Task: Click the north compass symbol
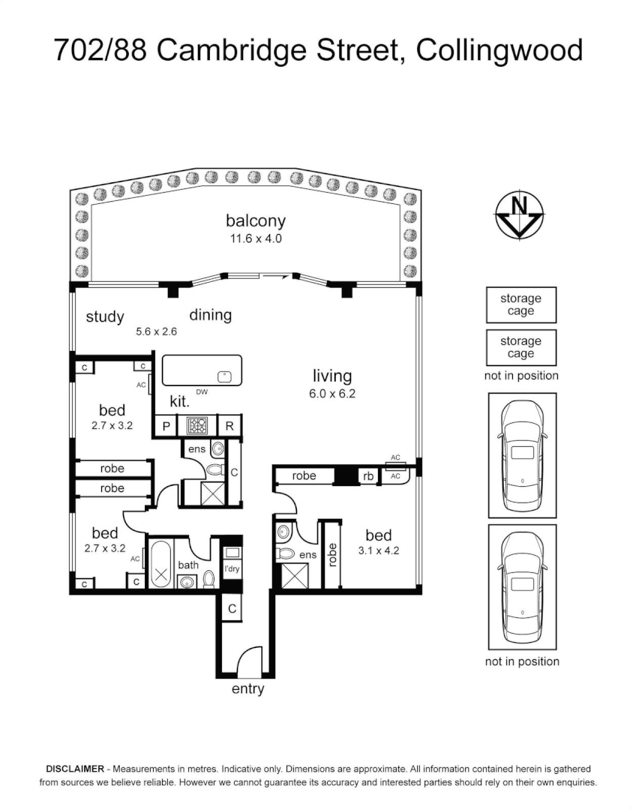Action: coord(519,214)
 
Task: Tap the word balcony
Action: coord(256,220)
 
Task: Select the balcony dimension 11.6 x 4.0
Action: coord(256,238)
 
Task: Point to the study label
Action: coord(104,316)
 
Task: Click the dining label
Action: coord(210,315)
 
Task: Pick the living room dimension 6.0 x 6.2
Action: coord(331,394)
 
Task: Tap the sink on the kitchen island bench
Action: coord(223,375)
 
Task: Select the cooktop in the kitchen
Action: coord(197,426)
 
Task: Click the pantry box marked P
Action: coord(165,426)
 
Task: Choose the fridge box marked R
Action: coord(229,426)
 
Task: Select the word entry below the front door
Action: coord(247,688)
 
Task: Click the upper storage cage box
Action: coord(520,304)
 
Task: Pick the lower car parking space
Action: coord(521,587)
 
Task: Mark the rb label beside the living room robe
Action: coord(368,475)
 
